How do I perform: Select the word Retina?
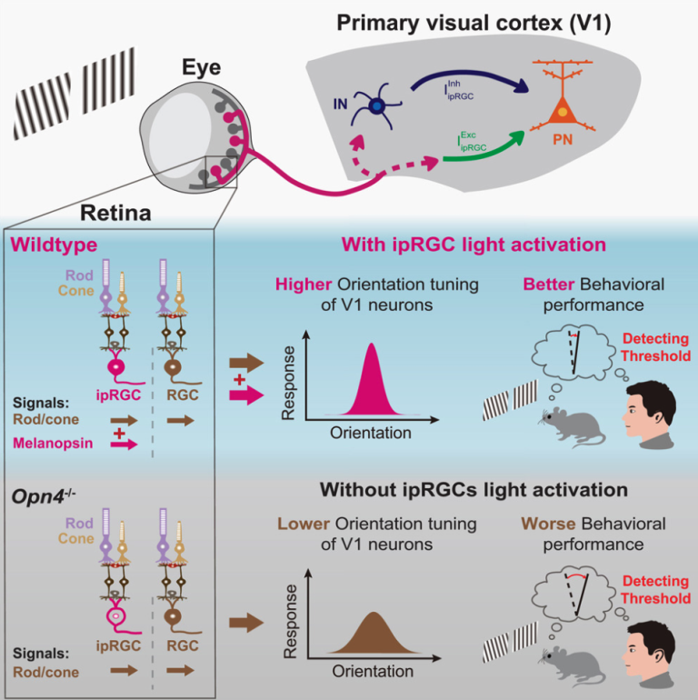point(117,215)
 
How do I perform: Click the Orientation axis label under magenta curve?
point(371,434)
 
